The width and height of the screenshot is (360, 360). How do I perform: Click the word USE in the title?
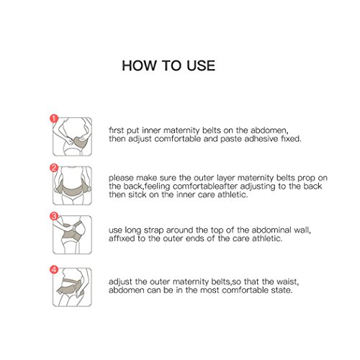[201, 66]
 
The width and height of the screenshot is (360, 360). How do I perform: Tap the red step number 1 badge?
[54, 119]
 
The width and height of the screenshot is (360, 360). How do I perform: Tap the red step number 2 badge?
[54, 168]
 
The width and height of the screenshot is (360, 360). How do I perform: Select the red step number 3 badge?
[54, 216]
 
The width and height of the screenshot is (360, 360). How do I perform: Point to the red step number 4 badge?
[54, 269]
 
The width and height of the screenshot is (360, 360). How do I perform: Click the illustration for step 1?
[72, 137]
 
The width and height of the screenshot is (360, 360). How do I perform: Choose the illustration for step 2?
[72, 186]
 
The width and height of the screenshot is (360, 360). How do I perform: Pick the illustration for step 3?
[72, 235]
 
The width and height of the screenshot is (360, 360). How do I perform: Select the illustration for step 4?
[72, 287]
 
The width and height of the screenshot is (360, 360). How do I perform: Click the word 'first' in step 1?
[117, 130]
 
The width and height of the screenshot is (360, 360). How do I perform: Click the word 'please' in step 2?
[121, 179]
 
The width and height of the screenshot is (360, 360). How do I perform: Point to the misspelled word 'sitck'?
[137, 194]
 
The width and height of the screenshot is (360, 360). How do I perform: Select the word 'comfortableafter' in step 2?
[205, 186]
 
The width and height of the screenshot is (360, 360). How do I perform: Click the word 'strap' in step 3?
[153, 231]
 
